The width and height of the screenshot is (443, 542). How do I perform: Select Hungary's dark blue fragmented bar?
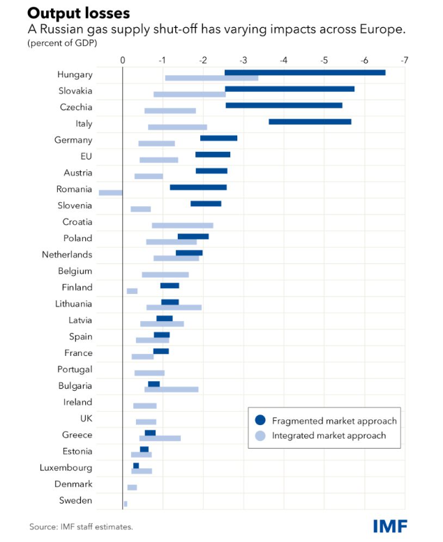[305, 72]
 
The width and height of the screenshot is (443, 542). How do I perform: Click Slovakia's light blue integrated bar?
[190, 94]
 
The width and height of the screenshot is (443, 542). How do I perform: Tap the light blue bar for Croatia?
[183, 225]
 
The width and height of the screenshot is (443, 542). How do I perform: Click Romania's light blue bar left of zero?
[110, 192]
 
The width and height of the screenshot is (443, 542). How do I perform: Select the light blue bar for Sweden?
[126, 504]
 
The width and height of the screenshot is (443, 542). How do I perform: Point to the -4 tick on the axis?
[284, 60]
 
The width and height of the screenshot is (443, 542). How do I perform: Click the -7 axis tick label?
[404, 60]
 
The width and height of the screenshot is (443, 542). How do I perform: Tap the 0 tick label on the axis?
[123, 60]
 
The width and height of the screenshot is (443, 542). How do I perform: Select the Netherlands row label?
[67, 255]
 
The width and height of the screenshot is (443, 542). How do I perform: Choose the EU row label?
[86, 157]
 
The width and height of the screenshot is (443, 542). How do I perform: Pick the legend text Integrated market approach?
[329, 436]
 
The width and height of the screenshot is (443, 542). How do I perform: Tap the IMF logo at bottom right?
[389, 526]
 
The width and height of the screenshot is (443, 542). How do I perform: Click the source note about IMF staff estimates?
[81, 527]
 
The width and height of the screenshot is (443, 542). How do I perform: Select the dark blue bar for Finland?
[170, 286]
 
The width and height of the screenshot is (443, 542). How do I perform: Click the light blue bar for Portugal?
[149, 373]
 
